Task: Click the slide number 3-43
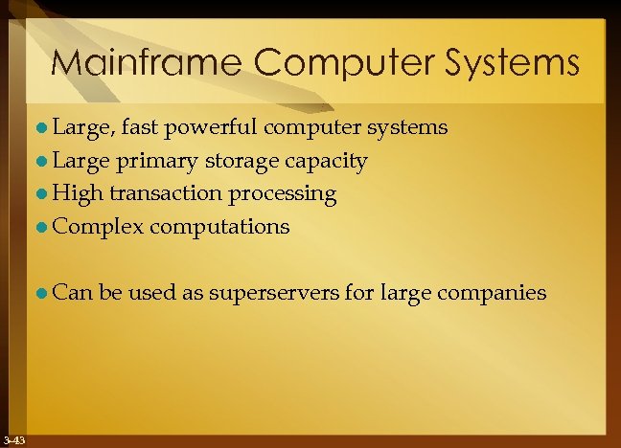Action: [14, 440]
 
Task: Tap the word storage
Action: [239, 161]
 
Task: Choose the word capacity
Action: [325, 161]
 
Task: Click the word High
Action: [78, 193]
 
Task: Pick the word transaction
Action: [167, 193]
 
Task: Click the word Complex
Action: [97, 227]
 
